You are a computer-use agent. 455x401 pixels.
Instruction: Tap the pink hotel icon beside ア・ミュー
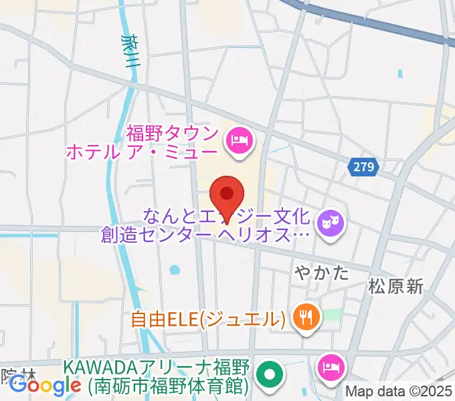[x=239, y=140]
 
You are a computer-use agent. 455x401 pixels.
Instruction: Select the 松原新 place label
[x=395, y=287]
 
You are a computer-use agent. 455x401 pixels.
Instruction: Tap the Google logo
[x=45, y=385]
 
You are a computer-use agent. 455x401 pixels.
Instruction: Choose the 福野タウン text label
[x=172, y=130]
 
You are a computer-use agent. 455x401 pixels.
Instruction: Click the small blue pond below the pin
[x=175, y=271]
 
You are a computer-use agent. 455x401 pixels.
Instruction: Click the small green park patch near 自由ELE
[x=333, y=313]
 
